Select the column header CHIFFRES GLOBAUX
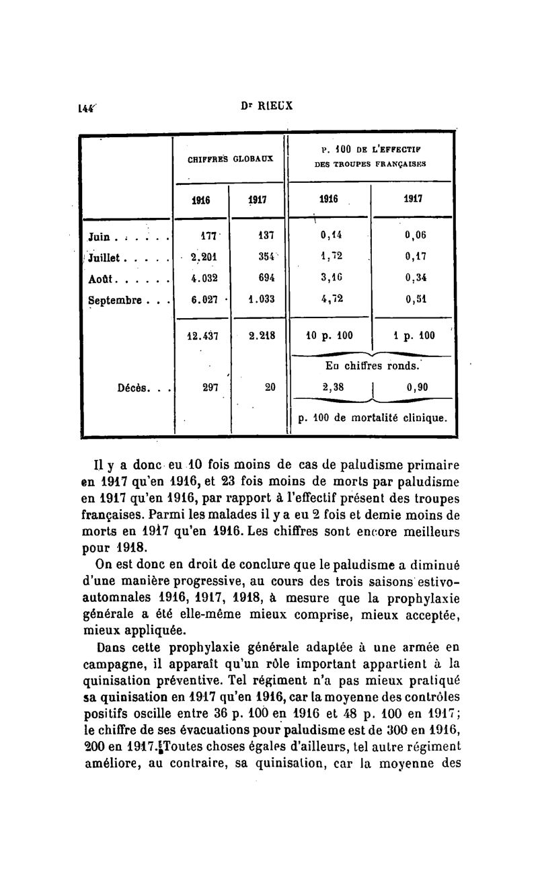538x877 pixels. click(229, 159)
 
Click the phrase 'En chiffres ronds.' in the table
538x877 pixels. click(373, 366)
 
